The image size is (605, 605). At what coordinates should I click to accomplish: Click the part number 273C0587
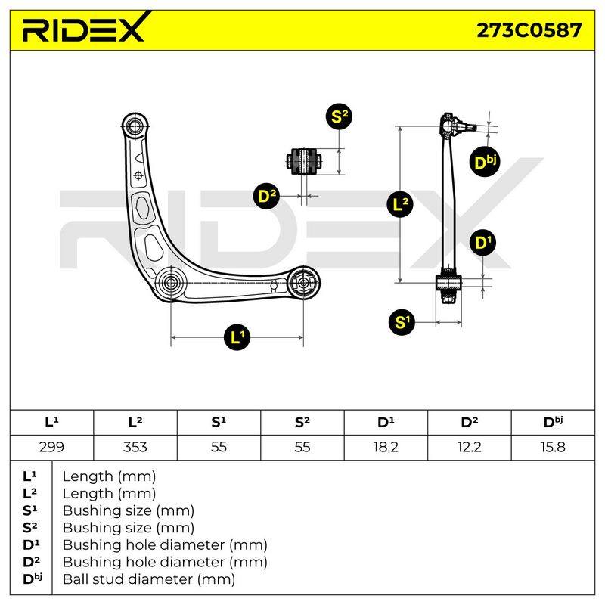529,30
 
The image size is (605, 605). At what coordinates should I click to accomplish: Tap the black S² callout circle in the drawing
339,116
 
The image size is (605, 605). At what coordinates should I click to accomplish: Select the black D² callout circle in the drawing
267,196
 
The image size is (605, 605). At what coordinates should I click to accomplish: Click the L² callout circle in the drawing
400,203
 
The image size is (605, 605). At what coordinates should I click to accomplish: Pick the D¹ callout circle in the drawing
482,243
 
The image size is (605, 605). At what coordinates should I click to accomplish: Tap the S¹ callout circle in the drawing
402,322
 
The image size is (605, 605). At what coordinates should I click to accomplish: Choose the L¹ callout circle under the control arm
237,337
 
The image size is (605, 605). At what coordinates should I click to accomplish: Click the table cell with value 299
51,447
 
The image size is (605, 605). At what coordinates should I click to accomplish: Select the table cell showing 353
135,447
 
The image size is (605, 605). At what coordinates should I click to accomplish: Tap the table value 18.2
386,447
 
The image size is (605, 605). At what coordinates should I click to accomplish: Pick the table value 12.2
469,447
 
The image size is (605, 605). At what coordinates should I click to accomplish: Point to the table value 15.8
553,447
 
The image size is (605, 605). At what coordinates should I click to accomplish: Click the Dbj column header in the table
553,422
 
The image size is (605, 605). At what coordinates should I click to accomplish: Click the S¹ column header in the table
219,422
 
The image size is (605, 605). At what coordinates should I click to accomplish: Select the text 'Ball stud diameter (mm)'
149,579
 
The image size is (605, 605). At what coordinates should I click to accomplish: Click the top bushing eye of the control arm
135,126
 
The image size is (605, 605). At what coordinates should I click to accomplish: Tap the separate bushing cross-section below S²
304,161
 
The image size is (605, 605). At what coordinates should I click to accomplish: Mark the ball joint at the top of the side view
455,124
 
